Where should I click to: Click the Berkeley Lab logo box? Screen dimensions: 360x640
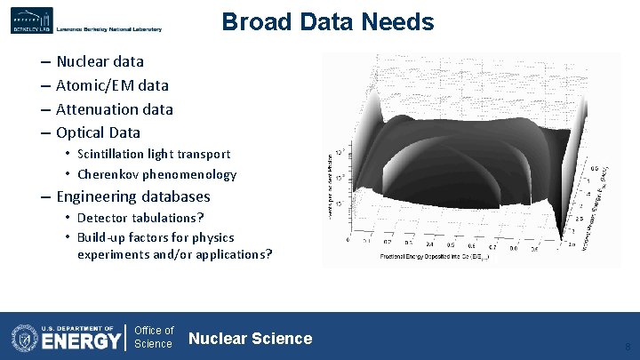point(32,20)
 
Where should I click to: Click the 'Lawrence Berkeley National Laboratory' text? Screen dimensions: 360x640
point(109,29)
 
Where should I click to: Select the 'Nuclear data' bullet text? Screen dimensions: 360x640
point(100,61)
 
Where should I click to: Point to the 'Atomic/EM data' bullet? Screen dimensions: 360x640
point(112,85)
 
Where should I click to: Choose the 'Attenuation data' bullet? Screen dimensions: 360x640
point(114,109)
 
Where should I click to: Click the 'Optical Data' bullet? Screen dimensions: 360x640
point(98,132)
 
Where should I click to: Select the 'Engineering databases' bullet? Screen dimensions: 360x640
point(133,196)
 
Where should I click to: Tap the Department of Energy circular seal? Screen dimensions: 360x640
point(25,338)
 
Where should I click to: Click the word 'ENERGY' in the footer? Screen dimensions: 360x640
point(81,341)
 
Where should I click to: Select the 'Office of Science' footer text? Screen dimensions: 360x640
point(154,338)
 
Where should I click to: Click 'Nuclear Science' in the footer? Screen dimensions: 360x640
point(251,338)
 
